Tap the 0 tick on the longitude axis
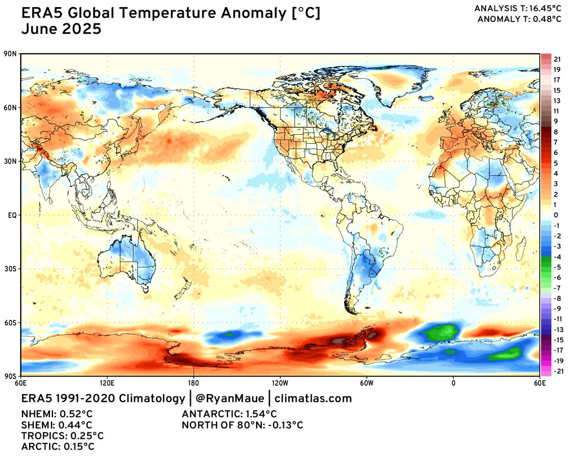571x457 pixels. click(x=453, y=382)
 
